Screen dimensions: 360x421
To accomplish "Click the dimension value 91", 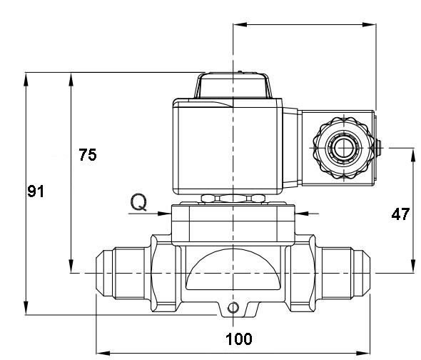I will (36, 191).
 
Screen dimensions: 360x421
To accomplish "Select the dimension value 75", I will (87, 155).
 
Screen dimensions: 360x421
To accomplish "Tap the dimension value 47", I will (400, 213).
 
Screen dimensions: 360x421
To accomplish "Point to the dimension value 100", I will (238, 339).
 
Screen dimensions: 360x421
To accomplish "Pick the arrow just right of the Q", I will (163, 212).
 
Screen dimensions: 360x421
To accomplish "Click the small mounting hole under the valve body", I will (232, 308).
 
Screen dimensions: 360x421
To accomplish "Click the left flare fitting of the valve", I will (121, 273).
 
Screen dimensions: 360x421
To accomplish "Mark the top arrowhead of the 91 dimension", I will (26, 78).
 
